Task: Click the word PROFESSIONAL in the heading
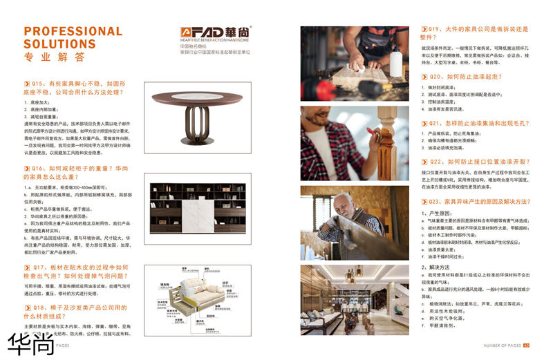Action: coord(73,31)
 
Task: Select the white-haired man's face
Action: coord(344,205)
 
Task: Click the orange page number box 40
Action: coord(526,345)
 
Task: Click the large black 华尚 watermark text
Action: coord(30,343)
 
